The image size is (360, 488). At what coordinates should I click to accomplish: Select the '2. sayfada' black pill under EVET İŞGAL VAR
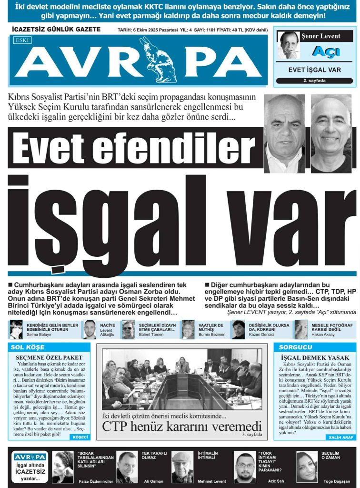(314, 81)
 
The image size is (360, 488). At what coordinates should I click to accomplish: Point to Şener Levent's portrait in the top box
(289, 45)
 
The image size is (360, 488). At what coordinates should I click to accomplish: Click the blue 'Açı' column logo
(325, 51)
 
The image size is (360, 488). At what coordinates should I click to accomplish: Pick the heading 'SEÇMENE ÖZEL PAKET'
(50, 357)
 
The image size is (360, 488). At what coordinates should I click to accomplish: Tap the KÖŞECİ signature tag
(79, 437)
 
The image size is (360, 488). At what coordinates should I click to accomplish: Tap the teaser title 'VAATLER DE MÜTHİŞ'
(210, 327)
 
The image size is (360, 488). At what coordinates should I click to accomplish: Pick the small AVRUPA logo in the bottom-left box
(30, 457)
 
